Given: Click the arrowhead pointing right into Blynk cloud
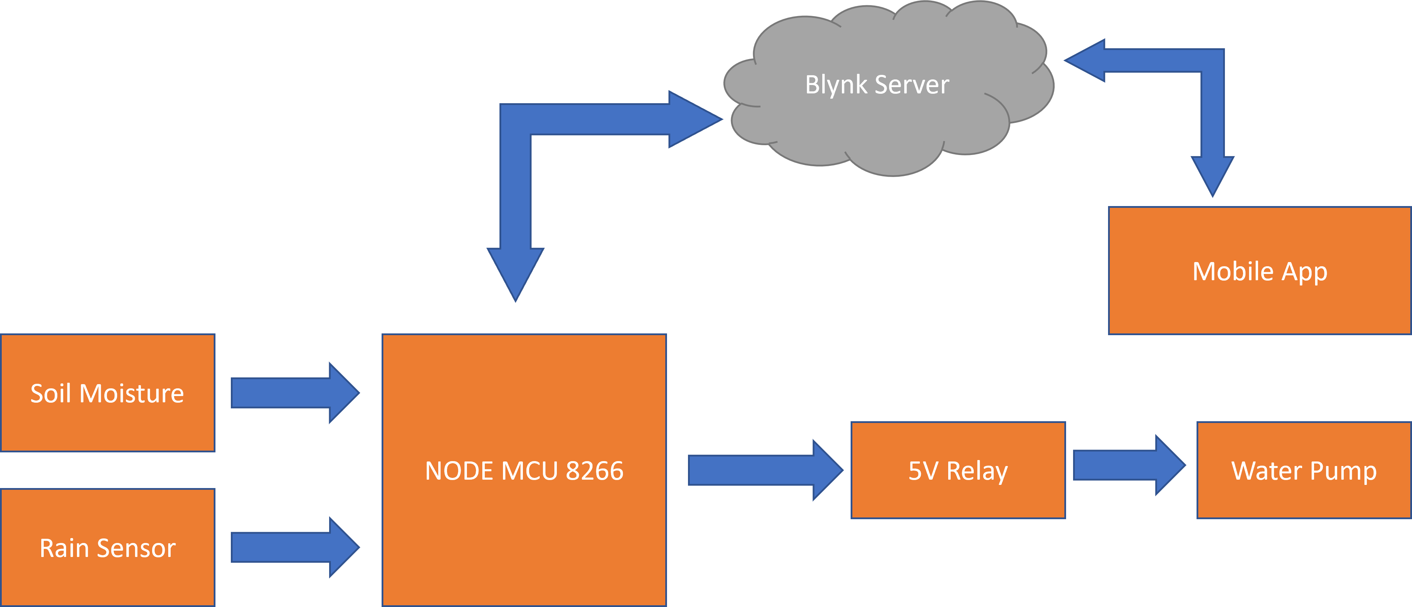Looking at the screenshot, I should tap(693, 119).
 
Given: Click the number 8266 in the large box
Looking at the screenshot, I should tap(594, 471).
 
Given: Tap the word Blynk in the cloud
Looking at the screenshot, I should tap(836, 85).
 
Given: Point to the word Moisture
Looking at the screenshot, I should tap(132, 393).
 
